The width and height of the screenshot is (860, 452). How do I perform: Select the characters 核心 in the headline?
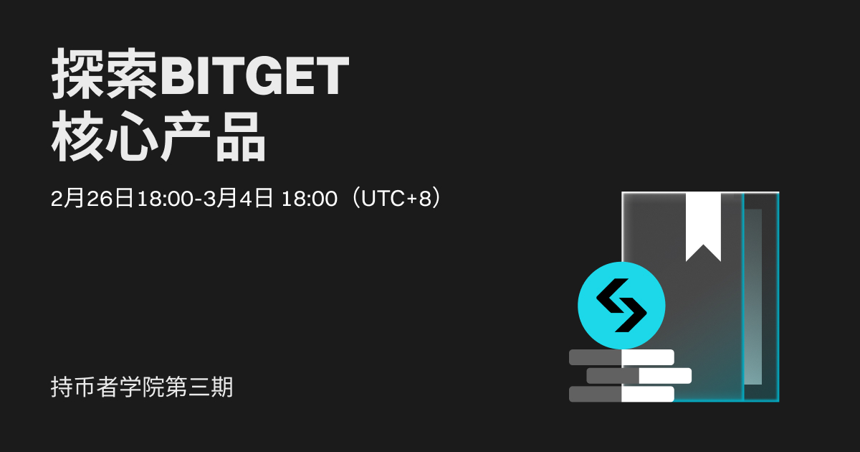(105, 138)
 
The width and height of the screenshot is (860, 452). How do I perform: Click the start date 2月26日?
(92, 199)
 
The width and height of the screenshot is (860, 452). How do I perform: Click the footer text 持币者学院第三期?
(142, 387)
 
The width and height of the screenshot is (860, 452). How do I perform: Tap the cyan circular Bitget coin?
(621, 306)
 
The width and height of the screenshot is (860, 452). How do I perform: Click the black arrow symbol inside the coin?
(621, 306)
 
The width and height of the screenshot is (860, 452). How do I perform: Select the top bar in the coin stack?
(621, 357)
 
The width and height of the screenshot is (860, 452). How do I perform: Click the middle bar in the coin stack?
(639, 375)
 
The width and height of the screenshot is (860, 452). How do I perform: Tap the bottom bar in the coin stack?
(621, 394)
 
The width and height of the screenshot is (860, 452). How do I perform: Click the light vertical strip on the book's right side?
(752, 297)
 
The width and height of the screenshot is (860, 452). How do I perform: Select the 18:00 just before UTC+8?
(310, 199)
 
